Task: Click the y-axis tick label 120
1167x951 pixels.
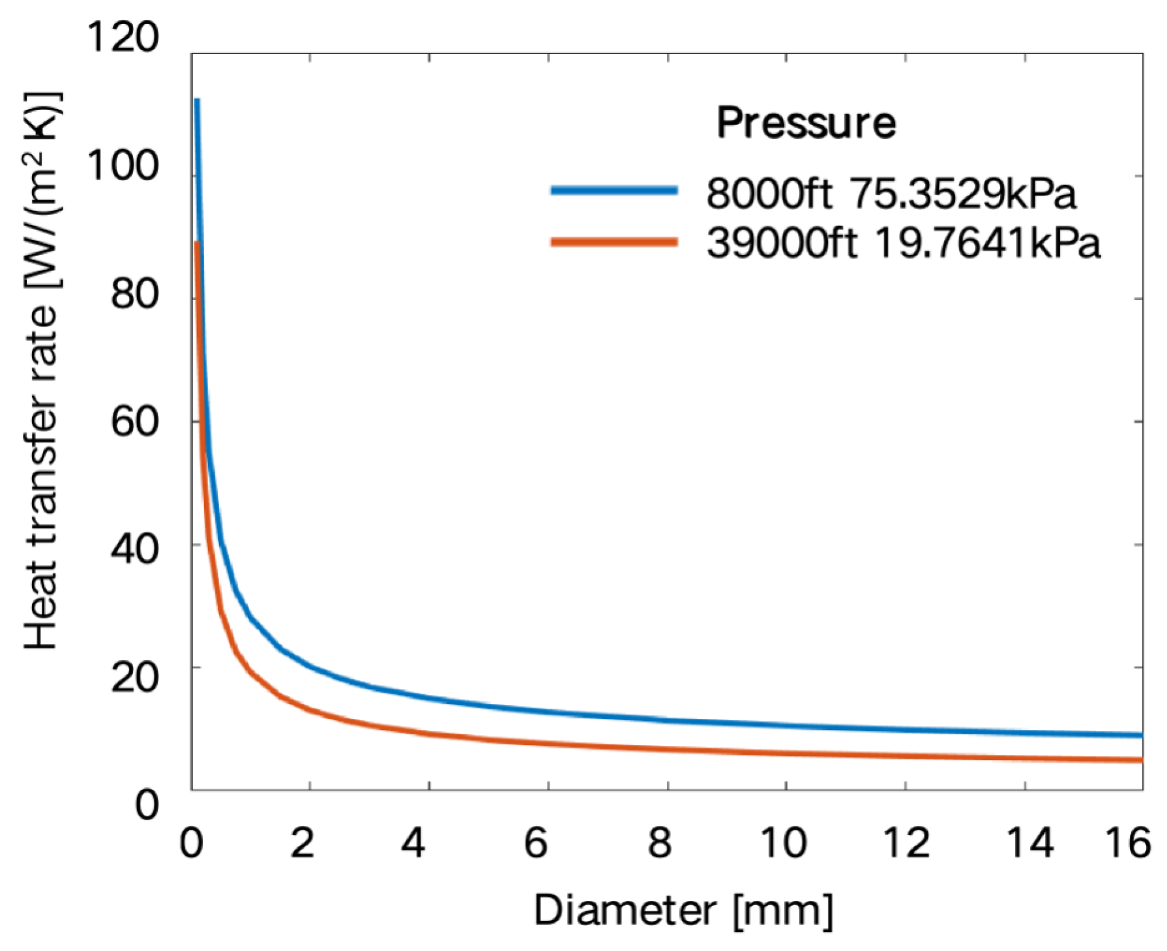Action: point(123,37)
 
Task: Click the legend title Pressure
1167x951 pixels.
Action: point(806,123)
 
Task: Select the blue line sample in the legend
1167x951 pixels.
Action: point(614,191)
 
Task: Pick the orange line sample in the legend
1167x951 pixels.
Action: point(614,242)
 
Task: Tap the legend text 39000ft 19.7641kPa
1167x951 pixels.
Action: point(904,244)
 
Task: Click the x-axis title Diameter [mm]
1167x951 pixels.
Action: point(683,911)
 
